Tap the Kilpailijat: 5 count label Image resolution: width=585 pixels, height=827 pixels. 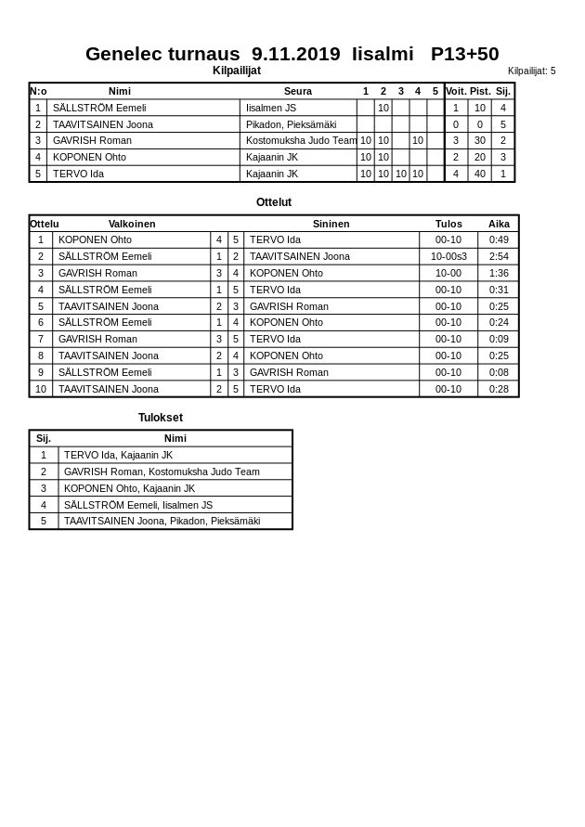tap(531, 71)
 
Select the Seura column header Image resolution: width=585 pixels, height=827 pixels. tap(298, 91)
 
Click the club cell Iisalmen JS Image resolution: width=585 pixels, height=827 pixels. tap(271, 108)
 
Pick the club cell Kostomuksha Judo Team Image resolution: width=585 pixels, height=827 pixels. tap(301, 141)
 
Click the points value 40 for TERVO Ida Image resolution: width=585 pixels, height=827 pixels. tap(479, 174)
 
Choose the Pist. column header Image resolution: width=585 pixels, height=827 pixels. tap(479, 91)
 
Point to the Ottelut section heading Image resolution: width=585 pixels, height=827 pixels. tap(274, 202)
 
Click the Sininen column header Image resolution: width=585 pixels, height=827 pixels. tap(331, 224)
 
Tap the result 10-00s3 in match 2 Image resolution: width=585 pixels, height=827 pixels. tap(448, 256)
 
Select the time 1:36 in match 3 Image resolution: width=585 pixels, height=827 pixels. tap(499, 273)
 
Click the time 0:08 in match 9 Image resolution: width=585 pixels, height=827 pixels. tap(499, 372)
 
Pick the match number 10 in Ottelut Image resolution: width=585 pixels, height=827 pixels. tap(41, 389)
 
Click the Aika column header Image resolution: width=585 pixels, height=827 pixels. tap(499, 224)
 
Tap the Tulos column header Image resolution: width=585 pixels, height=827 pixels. tap(448, 224)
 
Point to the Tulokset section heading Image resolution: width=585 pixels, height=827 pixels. tap(161, 418)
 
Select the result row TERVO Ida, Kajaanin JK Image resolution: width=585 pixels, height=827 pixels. tap(118, 455)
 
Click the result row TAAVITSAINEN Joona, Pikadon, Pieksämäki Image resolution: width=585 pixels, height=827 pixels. tap(162, 521)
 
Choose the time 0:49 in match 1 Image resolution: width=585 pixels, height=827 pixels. tap(499, 239)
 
